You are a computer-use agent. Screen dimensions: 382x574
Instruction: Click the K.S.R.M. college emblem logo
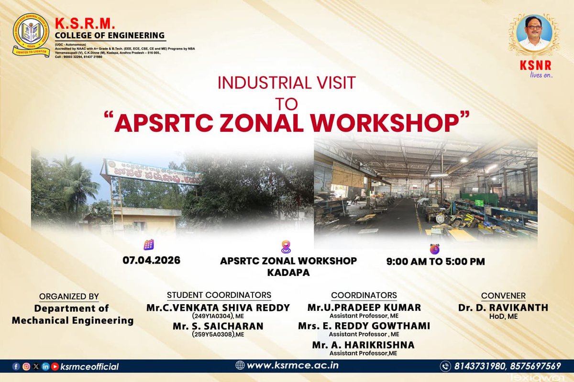(31, 35)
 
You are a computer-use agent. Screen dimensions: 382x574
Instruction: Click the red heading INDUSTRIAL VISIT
(287, 83)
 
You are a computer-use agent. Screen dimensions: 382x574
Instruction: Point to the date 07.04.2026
(151, 261)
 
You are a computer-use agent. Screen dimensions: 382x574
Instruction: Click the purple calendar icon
(148, 244)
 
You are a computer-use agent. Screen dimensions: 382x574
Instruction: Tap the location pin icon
(286, 247)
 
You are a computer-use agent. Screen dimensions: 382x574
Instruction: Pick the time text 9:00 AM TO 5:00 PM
(435, 261)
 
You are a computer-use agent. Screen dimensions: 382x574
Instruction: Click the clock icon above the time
(434, 248)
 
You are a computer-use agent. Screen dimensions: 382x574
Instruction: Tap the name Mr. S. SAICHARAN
(218, 327)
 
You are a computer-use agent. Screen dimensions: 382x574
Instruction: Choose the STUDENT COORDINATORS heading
(219, 295)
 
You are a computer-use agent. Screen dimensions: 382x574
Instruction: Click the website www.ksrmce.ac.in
(293, 366)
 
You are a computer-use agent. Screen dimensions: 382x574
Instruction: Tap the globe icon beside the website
(240, 366)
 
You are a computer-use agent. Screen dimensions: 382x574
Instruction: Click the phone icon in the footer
(445, 366)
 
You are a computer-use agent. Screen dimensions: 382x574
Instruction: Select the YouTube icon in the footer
(55, 367)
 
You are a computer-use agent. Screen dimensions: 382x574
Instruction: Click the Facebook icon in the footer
(16, 367)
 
